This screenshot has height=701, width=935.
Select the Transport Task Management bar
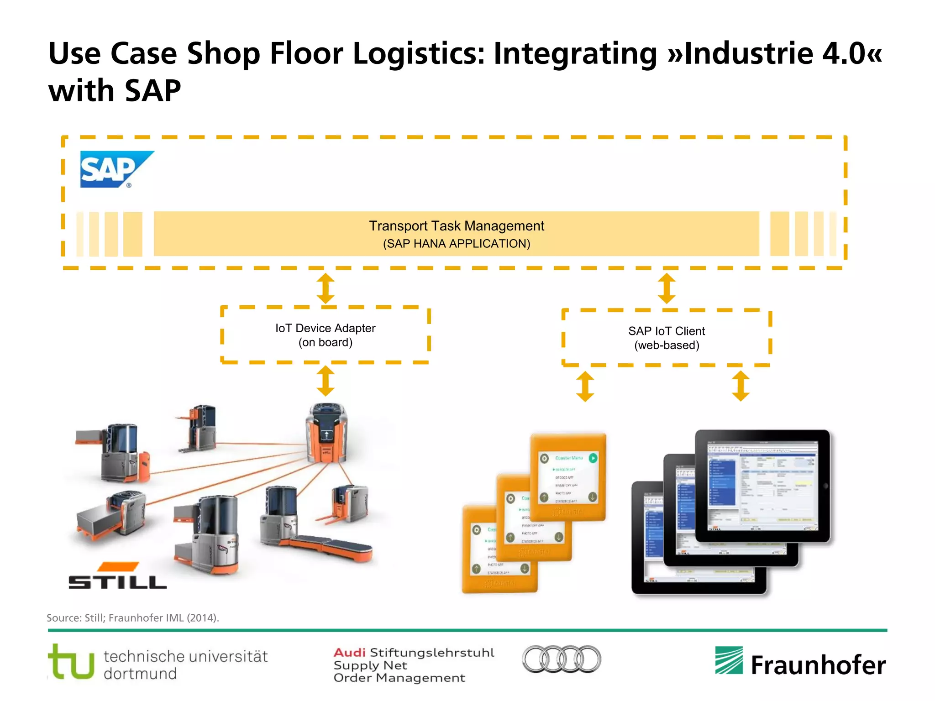(x=457, y=234)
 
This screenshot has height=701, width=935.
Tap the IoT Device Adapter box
(x=325, y=335)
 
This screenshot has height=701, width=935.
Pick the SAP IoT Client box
(x=666, y=338)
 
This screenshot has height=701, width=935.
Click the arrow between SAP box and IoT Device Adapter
(x=326, y=288)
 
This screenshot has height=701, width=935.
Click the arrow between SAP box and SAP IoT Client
(x=667, y=288)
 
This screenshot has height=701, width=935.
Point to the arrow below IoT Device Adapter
(x=326, y=381)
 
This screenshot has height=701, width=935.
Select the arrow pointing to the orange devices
(x=585, y=386)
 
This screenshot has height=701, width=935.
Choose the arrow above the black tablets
(x=741, y=386)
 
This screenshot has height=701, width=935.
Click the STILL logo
(x=117, y=576)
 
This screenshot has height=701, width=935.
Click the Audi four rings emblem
(x=561, y=659)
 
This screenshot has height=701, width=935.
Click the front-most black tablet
(x=762, y=486)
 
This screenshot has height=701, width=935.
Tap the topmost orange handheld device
(x=568, y=477)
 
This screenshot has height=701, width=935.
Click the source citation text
(x=133, y=618)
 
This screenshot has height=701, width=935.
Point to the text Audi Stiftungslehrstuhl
(x=414, y=653)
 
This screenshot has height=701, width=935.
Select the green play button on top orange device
(x=593, y=458)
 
